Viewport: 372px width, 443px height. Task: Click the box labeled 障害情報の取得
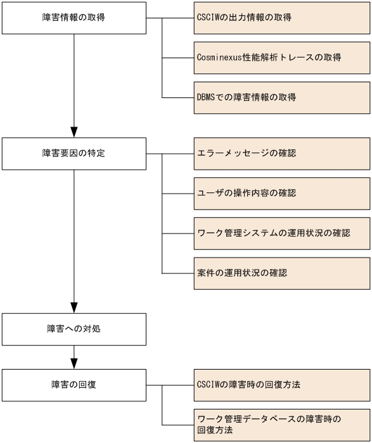click(74, 18)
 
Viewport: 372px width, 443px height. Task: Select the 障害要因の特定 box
click(74, 153)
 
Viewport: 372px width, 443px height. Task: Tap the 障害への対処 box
click(74, 330)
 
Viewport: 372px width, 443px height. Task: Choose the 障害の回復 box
click(74, 384)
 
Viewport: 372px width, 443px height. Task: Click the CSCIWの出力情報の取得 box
click(282, 18)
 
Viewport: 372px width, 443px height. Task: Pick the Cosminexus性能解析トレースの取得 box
click(282, 58)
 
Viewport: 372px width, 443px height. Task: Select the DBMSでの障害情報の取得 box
click(282, 97)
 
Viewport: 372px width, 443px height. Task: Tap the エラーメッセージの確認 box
click(282, 153)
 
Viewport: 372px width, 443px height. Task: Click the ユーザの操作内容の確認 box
click(282, 193)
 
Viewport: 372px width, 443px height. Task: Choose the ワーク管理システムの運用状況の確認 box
click(282, 233)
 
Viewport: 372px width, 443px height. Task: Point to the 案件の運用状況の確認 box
click(282, 273)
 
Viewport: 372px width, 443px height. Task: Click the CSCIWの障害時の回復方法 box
click(282, 384)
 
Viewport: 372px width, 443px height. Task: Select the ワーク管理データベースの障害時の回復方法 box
click(282, 424)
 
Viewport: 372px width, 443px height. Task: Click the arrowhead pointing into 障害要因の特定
click(74, 131)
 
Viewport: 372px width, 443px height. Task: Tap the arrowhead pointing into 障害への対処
click(74, 308)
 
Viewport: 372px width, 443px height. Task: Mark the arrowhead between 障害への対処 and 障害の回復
click(74, 363)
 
